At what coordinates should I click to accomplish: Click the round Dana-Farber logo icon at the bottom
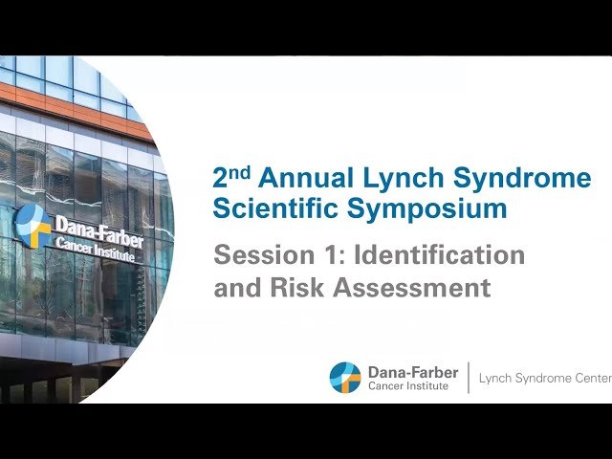pos(345,378)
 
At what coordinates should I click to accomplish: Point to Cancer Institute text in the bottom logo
pos(407,385)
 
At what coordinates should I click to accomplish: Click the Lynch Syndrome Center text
pos(543,379)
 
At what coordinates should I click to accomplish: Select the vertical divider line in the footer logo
pos(468,378)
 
